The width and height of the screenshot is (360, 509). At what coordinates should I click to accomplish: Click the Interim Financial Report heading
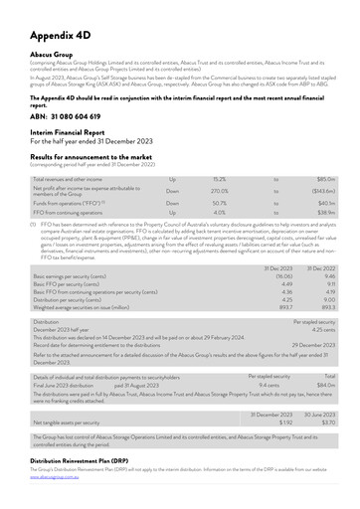pos(77,133)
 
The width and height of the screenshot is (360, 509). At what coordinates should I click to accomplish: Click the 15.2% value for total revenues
pos(220,179)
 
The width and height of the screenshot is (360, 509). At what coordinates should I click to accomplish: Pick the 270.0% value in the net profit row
pos(220,191)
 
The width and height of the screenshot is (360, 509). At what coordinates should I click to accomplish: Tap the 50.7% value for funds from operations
pos(220,203)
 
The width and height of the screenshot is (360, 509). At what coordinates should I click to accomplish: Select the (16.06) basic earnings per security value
pos(282,277)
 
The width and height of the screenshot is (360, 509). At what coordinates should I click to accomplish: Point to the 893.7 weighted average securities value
pos(284,307)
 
